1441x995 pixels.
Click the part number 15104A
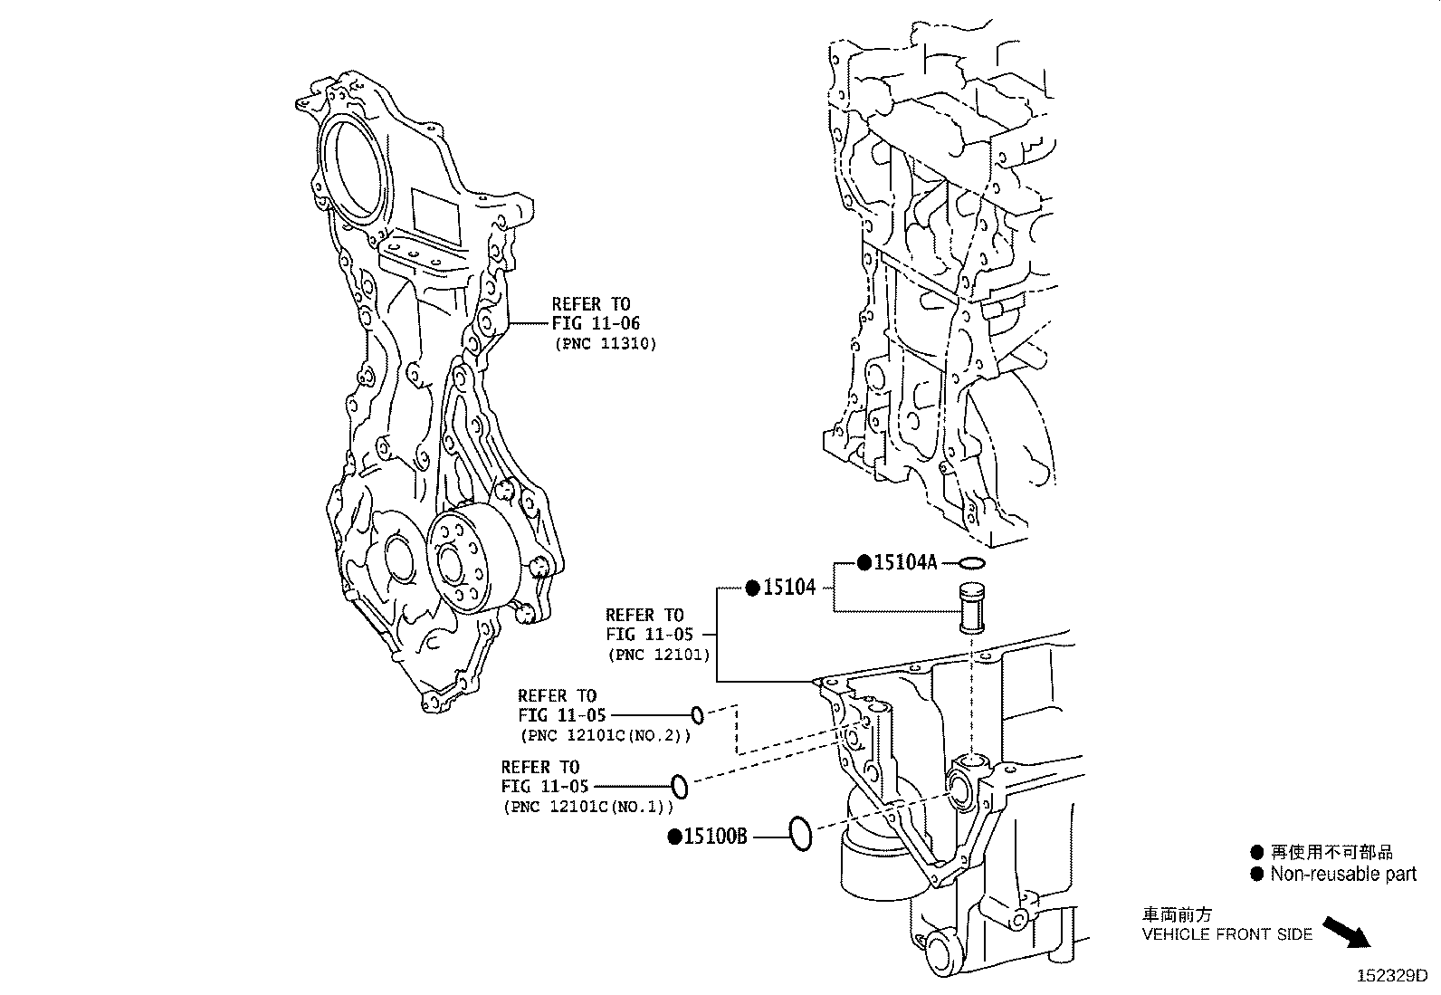pyautogui.click(x=904, y=562)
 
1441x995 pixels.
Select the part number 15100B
pyautogui.click(x=714, y=837)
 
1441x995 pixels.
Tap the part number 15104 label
pyautogui.click(x=789, y=588)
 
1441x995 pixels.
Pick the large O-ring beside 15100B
pyautogui.click(x=800, y=833)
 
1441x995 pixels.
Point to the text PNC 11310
pyautogui.click(x=604, y=344)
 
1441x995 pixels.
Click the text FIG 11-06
pyautogui.click(x=596, y=323)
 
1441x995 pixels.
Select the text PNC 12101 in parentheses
pyautogui.click(x=658, y=654)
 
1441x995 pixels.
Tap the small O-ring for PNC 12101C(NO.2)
pyautogui.click(x=697, y=715)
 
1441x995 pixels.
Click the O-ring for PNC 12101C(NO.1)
pyautogui.click(x=680, y=786)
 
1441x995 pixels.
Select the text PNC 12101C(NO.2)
pyautogui.click(x=605, y=735)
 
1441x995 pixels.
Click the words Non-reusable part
pyautogui.click(x=1342, y=875)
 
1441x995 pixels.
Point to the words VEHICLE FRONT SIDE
pyautogui.click(x=1226, y=934)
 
